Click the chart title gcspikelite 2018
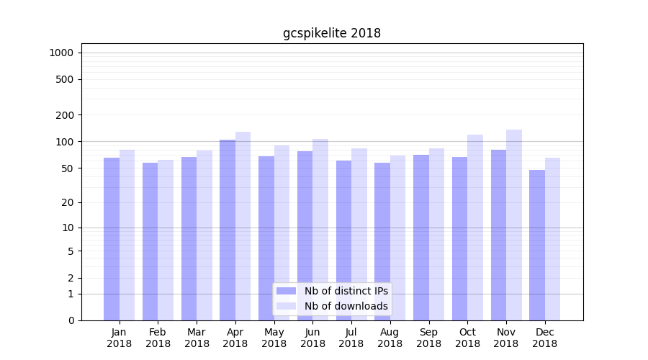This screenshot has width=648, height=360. [x=332, y=33]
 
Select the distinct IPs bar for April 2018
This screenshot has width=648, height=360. [x=228, y=230]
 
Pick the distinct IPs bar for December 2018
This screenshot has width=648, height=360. [x=537, y=245]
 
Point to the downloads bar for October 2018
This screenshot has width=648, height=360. [x=475, y=228]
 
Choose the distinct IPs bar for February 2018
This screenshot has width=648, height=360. [x=150, y=241]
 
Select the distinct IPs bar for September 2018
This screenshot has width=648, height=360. [x=421, y=238]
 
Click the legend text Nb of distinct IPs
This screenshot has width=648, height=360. [x=346, y=291]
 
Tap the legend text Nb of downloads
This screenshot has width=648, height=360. [x=346, y=306]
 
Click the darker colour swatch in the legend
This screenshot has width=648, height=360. [x=286, y=291]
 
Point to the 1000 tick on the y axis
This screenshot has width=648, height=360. [x=61, y=53]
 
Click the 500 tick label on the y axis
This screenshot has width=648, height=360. [x=66, y=79]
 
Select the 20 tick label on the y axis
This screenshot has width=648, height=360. [x=68, y=202]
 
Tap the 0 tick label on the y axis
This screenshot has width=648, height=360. [x=71, y=320]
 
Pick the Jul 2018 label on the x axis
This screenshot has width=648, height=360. [x=351, y=338]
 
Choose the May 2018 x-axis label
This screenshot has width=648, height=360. [x=274, y=338]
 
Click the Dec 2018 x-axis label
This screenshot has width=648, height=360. [x=544, y=338]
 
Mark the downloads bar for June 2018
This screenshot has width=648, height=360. [x=320, y=230]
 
